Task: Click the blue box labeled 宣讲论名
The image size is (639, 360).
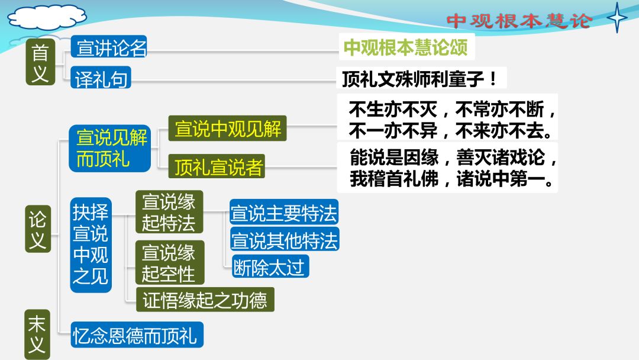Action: tap(108, 46)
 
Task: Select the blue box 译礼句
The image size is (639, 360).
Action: tap(101, 78)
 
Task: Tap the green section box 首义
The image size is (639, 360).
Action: tap(40, 62)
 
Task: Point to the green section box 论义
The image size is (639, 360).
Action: tap(38, 229)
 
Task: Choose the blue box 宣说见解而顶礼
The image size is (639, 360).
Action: tap(110, 149)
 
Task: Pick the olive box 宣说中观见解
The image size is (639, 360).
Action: tap(227, 128)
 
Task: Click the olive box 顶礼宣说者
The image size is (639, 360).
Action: tap(217, 166)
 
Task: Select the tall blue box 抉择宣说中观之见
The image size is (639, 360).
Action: tap(91, 245)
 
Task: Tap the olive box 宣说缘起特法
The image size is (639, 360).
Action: tap(169, 212)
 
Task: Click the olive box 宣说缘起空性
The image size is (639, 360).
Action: tap(170, 262)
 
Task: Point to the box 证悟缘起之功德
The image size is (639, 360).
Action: tap(205, 300)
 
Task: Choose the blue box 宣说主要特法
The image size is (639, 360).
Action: tap(284, 212)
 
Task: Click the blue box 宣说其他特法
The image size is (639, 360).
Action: tap(285, 239)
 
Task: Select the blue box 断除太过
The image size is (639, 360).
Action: tap(270, 266)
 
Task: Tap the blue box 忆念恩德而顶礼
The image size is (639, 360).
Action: tap(137, 335)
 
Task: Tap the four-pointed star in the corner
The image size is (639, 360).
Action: tap(617, 18)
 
